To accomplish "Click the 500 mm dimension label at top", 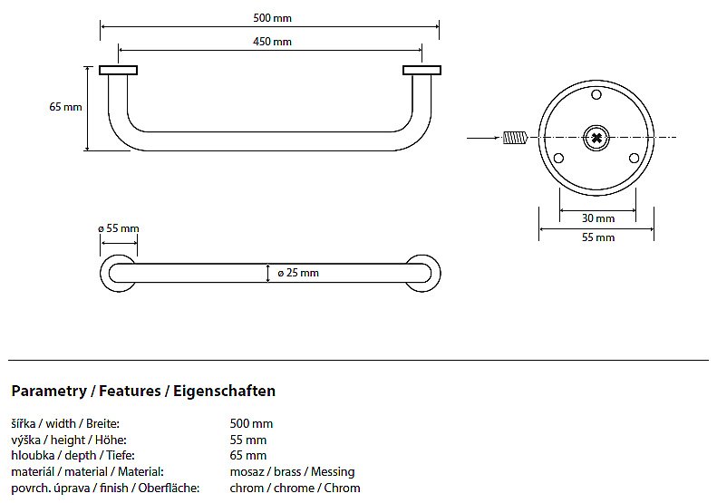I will tap(273, 18).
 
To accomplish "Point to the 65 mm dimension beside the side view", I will tap(65, 107).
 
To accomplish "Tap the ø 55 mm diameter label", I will tap(119, 228).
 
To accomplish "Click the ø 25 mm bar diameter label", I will tap(298, 273).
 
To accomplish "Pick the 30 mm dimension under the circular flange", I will tap(598, 218).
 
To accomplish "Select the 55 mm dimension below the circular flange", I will tap(598, 237).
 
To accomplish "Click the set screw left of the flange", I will tap(514, 138).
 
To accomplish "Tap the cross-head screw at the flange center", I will tap(596, 138).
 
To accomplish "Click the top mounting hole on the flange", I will tap(596, 94).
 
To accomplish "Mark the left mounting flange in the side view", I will tap(118, 70).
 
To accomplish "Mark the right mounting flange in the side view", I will tap(421, 70).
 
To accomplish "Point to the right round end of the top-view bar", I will tap(421, 273).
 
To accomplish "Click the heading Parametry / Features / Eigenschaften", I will tap(143, 392).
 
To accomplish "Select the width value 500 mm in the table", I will tap(251, 423).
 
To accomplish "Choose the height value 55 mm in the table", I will tap(248, 440).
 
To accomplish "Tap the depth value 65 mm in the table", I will tap(248, 455).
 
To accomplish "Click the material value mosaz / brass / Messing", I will tap(292, 471).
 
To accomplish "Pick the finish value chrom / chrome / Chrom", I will tap(295, 488).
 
